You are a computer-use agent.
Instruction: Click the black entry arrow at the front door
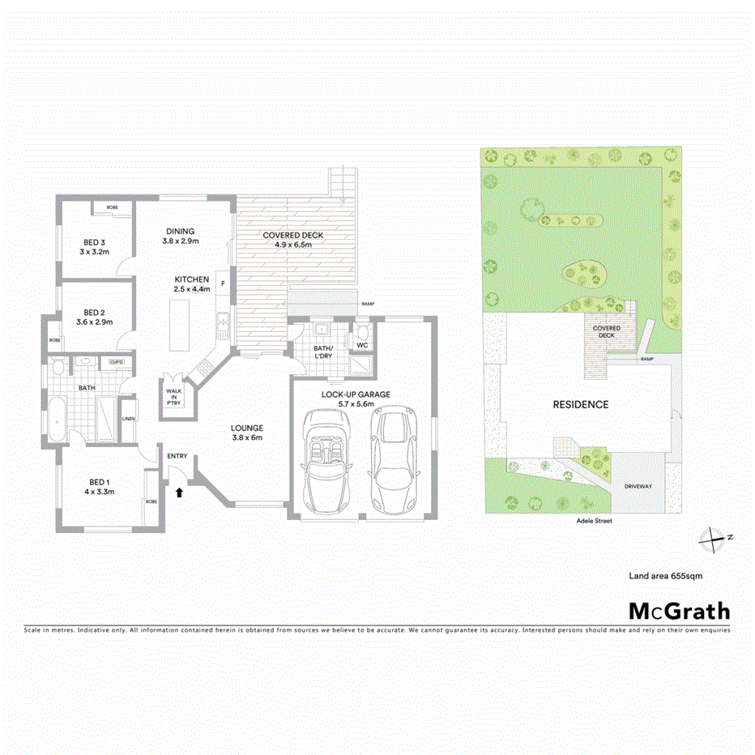coord(179,490)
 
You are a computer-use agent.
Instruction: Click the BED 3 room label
coord(95,242)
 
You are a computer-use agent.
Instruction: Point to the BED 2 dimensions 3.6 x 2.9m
coord(95,322)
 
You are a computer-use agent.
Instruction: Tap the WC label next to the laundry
coord(362,346)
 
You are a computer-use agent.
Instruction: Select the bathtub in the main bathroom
coord(56,419)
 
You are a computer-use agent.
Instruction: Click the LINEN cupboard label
coord(128,419)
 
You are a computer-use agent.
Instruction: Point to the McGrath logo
coord(679,611)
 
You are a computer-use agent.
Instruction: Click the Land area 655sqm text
coord(665,576)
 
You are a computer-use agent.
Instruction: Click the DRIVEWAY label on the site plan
coord(638,486)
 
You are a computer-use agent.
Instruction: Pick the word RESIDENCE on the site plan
coord(580,404)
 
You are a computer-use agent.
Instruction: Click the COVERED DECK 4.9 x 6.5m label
coord(292,240)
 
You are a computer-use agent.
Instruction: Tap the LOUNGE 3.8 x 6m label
coord(246,433)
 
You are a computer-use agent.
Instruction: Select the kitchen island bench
coord(178,323)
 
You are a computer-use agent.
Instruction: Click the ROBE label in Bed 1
coord(151,501)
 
